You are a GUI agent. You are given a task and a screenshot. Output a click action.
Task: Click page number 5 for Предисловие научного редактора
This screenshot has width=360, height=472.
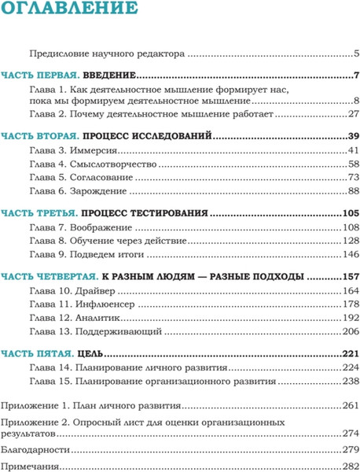click(x=355, y=54)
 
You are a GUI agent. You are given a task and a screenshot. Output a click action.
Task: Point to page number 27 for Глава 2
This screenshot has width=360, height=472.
click(x=352, y=114)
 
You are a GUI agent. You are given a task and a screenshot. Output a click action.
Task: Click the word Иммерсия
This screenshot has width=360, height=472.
click(x=97, y=150)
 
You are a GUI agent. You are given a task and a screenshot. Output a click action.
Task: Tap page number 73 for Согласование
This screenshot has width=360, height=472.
click(x=352, y=178)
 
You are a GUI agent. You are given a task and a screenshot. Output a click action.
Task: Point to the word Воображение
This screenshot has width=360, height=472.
click(x=103, y=227)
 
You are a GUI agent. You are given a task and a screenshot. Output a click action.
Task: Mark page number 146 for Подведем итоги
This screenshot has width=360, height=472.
click(x=350, y=253)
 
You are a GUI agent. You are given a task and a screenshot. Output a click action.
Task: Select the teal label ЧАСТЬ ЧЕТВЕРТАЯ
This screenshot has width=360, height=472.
click(x=48, y=276)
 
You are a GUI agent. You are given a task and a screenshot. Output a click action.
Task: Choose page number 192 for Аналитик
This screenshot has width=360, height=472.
click(x=350, y=317)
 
